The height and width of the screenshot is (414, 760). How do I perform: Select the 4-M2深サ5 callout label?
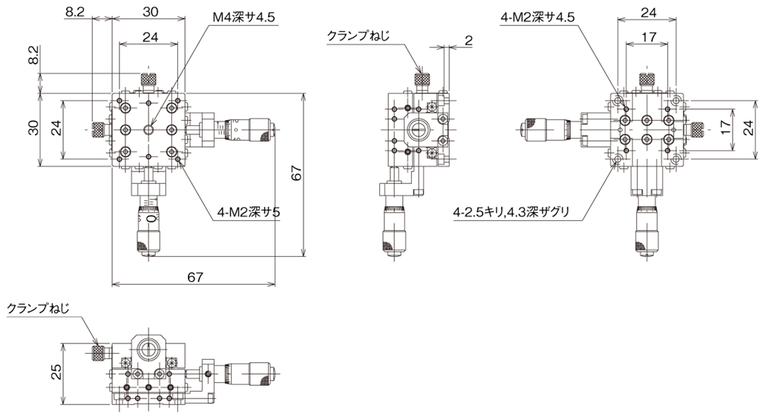pyautogui.click(x=249, y=212)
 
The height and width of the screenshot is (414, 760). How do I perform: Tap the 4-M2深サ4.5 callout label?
pyautogui.click(x=537, y=18)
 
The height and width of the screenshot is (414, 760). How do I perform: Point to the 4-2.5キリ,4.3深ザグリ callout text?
pyautogui.click(x=511, y=212)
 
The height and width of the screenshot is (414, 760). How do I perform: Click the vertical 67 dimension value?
pyautogui.click(x=297, y=173)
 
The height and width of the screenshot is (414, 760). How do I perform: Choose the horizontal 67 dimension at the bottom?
pyautogui.click(x=195, y=277)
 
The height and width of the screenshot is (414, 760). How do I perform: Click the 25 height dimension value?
pyautogui.click(x=56, y=372)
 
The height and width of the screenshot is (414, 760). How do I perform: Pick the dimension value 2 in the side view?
pyautogui.click(x=468, y=41)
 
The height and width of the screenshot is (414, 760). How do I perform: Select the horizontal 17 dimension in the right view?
pyautogui.click(x=649, y=36)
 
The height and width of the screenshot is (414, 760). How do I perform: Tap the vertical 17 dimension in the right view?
pyautogui.click(x=726, y=128)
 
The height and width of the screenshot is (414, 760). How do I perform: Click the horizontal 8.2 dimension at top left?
pyautogui.click(x=75, y=12)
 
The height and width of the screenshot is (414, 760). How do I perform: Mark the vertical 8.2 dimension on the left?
pyautogui.click(x=33, y=56)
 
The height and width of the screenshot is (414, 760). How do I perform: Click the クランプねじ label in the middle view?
pyautogui.click(x=358, y=36)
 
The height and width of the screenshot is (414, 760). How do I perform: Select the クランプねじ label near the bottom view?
pyautogui.click(x=39, y=309)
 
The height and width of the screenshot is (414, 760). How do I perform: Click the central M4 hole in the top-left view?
pyautogui.click(x=148, y=129)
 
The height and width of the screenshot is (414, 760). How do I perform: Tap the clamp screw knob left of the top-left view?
pyautogui.click(x=99, y=129)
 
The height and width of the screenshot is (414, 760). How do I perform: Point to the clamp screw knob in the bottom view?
pyautogui.click(x=99, y=353)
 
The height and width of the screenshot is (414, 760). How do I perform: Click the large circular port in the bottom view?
pyautogui.click(x=148, y=348)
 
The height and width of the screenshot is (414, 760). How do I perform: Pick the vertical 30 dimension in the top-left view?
pyautogui.click(x=33, y=128)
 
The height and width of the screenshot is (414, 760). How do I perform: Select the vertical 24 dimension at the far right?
pyautogui.click(x=749, y=128)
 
